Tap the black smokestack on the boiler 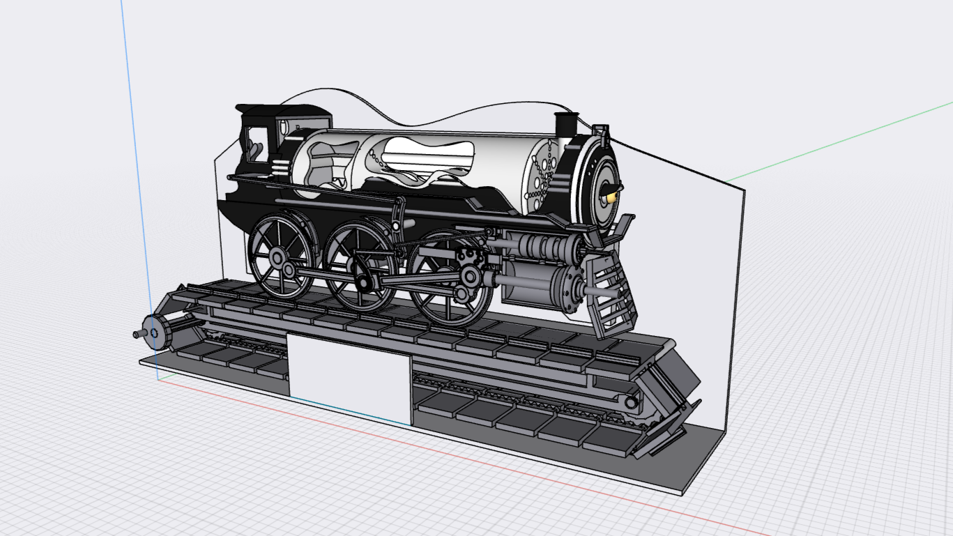click(x=564, y=125)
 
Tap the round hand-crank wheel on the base click(x=154, y=332)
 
